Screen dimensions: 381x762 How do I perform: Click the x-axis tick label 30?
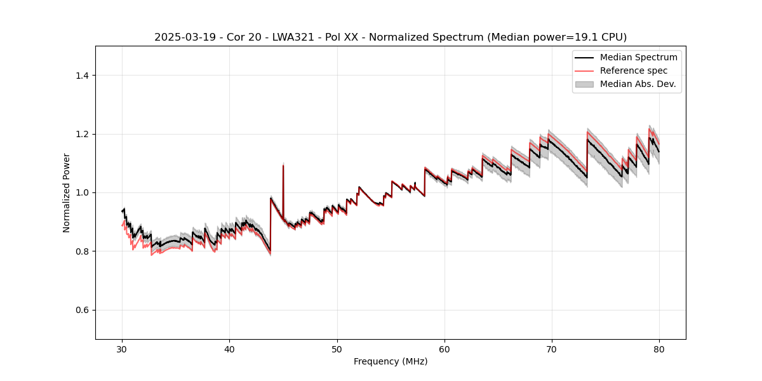[x=123, y=349]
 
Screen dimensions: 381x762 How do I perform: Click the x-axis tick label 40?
[x=230, y=349]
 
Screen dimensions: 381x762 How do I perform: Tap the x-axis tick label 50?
[x=337, y=349]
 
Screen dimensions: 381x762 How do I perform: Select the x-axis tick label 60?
[x=444, y=349]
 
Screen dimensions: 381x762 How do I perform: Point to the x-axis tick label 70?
[x=552, y=349]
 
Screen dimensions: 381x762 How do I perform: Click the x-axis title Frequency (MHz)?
[x=391, y=361]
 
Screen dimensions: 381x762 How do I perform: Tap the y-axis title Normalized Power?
[x=67, y=192]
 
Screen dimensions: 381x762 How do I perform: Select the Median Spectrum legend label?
[x=638, y=57]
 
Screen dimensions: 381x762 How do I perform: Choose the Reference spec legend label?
[x=634, y=70]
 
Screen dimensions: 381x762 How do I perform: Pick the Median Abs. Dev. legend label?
[x=638, y=84]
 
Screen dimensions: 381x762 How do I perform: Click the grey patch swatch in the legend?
[x=584, y=84]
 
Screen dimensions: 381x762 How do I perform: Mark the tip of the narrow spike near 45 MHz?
[x=283, y=165]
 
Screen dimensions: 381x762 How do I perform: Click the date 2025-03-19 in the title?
[x=185, y=37]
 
